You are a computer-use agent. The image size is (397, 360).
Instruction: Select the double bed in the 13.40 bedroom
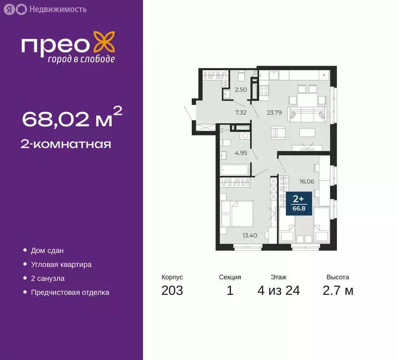click(237, 213)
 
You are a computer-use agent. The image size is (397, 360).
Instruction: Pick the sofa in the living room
click(307, 114)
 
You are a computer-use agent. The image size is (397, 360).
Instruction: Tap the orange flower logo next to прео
click(103, 42)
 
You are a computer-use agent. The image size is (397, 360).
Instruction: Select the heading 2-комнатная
click(66, 144)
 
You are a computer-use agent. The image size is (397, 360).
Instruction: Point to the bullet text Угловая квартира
click(61, 264)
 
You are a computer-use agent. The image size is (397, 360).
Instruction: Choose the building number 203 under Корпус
click(172, 291)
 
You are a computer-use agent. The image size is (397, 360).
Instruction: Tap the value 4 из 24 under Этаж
click(278, 291)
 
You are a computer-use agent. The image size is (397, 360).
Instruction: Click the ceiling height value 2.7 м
click(337, 291)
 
